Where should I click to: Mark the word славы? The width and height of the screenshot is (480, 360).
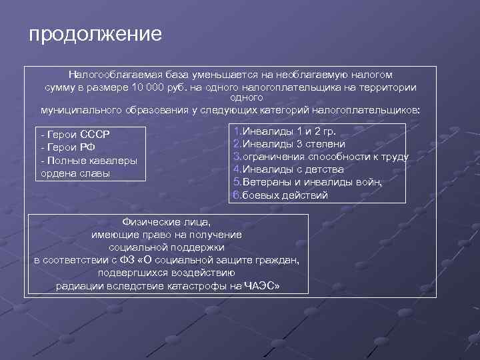[95, 173]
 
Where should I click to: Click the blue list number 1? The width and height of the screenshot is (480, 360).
[236, 131]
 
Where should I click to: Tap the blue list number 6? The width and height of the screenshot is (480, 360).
[236, 195]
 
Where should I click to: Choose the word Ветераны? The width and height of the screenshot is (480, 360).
[267, 182]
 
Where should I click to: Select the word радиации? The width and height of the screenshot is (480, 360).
[79, 286]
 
